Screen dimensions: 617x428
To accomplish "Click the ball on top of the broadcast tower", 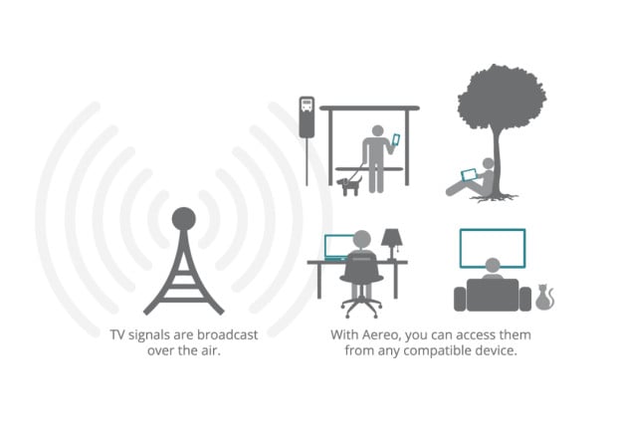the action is pos(183,219).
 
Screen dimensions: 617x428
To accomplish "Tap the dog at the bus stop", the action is pos(349,186).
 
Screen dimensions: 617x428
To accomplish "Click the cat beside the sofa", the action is pos(544,297).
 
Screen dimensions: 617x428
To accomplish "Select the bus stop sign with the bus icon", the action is pos(307,116).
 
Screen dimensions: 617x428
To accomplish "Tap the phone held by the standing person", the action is pos(396,139).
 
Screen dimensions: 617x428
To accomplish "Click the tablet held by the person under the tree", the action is pos(469,174).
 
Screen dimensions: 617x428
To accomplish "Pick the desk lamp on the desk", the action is pos(391,244).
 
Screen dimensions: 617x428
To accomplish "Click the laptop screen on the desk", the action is pos(338,247).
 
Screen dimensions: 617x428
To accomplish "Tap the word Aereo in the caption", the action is pos(381,335).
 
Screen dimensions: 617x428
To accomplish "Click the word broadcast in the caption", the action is pos(228,335).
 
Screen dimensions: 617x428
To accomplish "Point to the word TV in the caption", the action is pos(117,335).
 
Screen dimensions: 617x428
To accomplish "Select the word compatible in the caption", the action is pos(438,350).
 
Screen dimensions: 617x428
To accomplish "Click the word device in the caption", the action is pos(496,350).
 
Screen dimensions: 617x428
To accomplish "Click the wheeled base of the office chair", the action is pos(361,308).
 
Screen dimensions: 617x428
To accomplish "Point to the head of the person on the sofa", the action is pos(493,266).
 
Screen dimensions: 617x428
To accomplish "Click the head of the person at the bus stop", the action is pos(378,131).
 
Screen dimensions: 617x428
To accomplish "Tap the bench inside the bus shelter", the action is pos(369,169).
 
